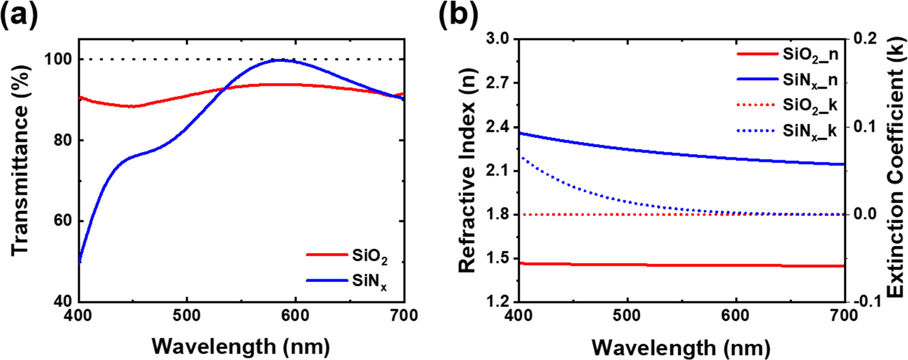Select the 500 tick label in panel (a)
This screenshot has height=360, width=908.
(x=187, y=316)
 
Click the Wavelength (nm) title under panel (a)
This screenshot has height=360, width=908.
(x=241, y=346)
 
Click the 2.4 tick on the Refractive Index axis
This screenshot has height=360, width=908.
(x=498, y=126)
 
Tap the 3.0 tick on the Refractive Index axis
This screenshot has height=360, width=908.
(x=498, y=38)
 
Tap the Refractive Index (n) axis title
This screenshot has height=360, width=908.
(x=467, y=170)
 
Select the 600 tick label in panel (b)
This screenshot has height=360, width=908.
(x=736, y=316)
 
